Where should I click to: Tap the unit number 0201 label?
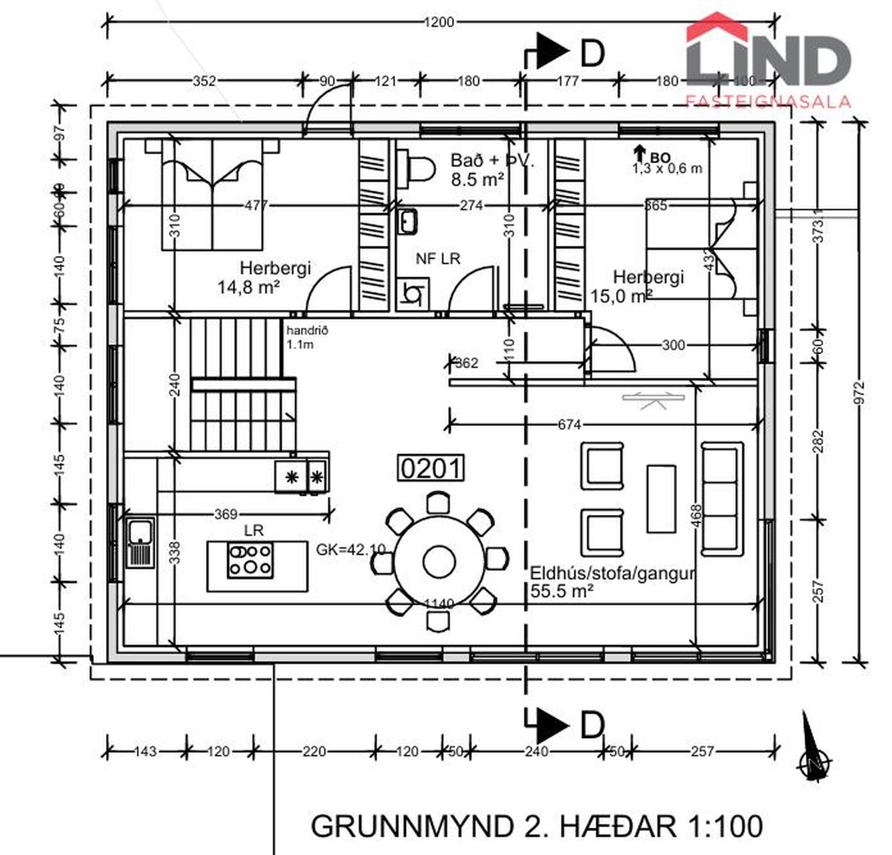pyautogui.click(x=431, y=468)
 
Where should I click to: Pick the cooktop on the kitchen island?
pyautogui.click(x=250, y=559)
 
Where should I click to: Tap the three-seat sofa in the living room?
pyautogui.click(x=722, y=498)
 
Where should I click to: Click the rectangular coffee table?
pyautogui.click(x=661, y=498)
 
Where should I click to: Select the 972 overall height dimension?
pyautogui.click(x=859, y=393)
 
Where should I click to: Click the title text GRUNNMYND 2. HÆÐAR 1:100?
pyautogui.click(x=536, y=826)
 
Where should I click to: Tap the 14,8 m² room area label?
pyautogui.click(x=248, y=288)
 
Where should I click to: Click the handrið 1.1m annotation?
pyautogui.click(x=306, y=337)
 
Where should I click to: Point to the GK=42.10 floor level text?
pyautogui.click(x=351, y=550)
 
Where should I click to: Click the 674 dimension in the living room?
pyautogui.click(x=569, y=424)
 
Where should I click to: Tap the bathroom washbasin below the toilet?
pyautogui.click(x=407, y=220)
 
